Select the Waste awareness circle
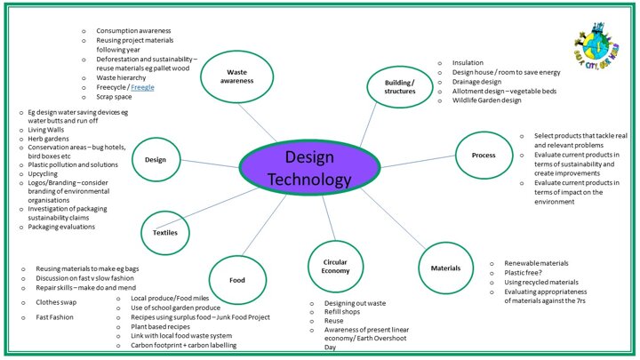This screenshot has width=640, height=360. coord(237,76)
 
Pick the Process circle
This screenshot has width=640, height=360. coord(484,156)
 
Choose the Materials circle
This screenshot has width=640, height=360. coord(445,267)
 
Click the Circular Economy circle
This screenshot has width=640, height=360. coord(335,265)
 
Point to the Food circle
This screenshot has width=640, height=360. coord(237,280)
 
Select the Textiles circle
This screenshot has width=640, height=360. coord(165,233)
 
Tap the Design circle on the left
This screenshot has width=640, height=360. coord(156,160)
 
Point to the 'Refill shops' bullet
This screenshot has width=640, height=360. coord(333,313)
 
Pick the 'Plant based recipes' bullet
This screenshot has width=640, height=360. coord(157,326)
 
